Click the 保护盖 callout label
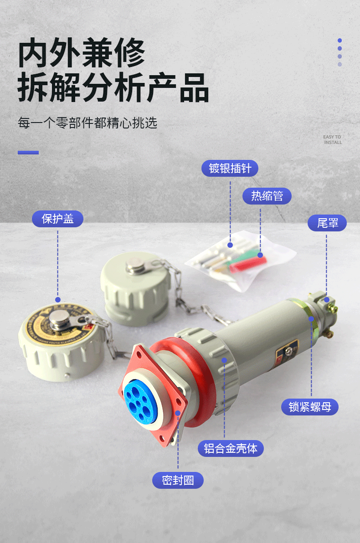tap(57, 219)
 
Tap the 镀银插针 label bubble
tap(230, 168)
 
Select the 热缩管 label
tap(267, 196)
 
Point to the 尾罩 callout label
tap(326, 223)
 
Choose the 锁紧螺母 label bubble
tap(310, 406)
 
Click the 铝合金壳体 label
tap(231, 448)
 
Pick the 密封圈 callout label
tap(178, 480)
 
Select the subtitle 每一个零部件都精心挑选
tap(87, 123)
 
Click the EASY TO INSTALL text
tap(332, 140)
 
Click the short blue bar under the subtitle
tap(28, 153)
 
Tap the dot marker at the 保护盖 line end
tap(58, 299)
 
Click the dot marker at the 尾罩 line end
tap(327, 299)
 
